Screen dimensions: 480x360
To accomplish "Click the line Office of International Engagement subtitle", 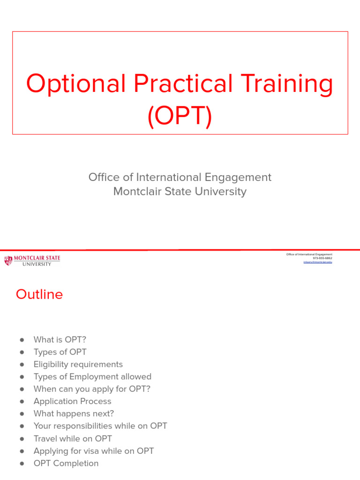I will coord(180,177).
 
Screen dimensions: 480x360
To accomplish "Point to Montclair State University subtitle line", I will coord(180,192).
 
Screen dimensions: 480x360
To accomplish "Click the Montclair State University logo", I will coord(32,261).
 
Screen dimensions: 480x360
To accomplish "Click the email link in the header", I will coord(317,262).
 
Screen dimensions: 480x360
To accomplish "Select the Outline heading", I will coord(39,294).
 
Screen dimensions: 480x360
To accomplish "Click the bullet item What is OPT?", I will coord(60,340).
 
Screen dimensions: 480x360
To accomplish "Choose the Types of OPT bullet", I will coord(60,352).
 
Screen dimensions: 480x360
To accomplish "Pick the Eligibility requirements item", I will coord(78,364).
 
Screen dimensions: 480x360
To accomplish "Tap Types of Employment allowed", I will coord(92,377).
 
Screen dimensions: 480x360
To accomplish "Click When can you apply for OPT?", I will coord(92,389).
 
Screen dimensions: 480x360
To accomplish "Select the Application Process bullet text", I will coord(73,401).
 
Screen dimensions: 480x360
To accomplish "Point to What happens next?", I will coord(74,413).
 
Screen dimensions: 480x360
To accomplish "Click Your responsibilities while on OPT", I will coord(100,426).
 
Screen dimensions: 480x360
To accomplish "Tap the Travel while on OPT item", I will coord(73,439).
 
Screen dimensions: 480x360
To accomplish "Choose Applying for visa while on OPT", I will coord(94,451).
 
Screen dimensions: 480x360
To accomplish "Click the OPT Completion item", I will coord(66,463).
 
